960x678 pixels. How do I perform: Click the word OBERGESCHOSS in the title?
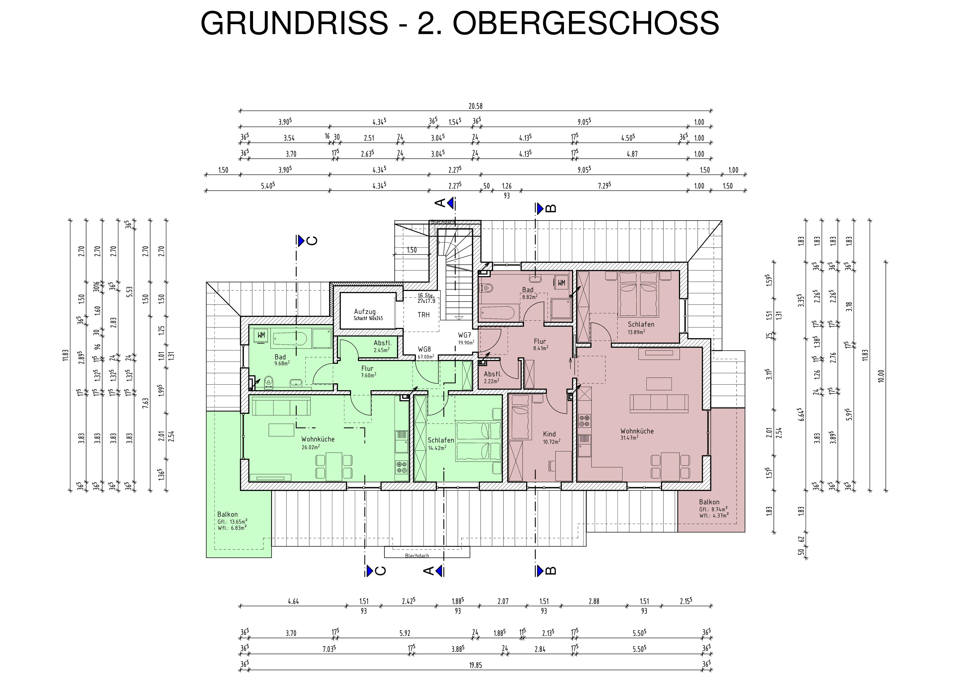point(585,23)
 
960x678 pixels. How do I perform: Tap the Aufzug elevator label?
point(365,312)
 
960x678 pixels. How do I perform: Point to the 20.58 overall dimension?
point(475,106)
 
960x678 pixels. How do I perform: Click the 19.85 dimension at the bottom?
point(475,665)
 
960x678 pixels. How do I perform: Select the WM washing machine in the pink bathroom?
point(561,283)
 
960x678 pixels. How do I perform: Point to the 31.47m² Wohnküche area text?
point(629,438)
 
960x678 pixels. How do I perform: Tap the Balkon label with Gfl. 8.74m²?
point(709,502)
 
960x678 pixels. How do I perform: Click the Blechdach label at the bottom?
point(417,556)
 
